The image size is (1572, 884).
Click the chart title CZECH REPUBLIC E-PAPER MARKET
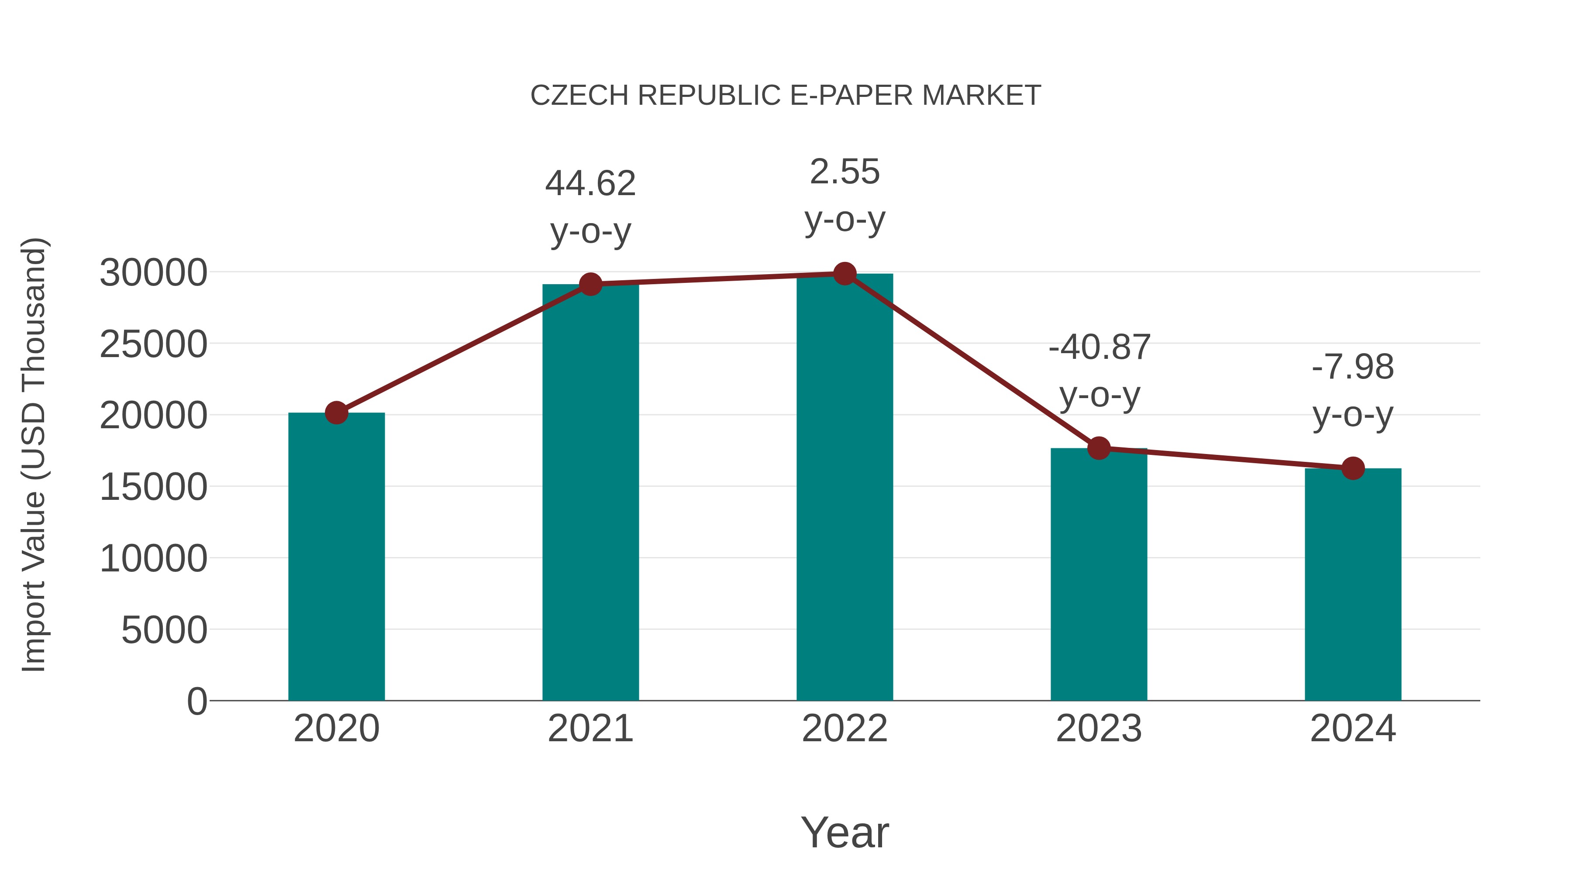pyautogui.click(x=786, y=96)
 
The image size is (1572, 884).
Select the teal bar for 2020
pyautogui.click(x=336, y=557)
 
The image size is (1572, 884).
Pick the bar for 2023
pyautogui.click(x=1099, y=574)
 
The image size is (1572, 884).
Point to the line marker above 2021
pyautogui.click(x=591, y=284)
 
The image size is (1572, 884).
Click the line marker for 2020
pyautogui.click(x=336, y=413)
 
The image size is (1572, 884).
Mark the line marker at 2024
pyautogui.click(x=1353, y=468)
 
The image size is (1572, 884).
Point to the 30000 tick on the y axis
pyautogui.click(x=153, y=273)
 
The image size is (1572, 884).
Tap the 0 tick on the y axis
pyautogui.click(x=197, y=701)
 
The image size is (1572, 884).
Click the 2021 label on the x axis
pyautogui.click(x=591, y=729)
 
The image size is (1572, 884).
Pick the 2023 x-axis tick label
pyautogui.click(x=1099, y=729)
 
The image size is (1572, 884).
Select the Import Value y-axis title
pyautogui.click(x=34, y=454)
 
